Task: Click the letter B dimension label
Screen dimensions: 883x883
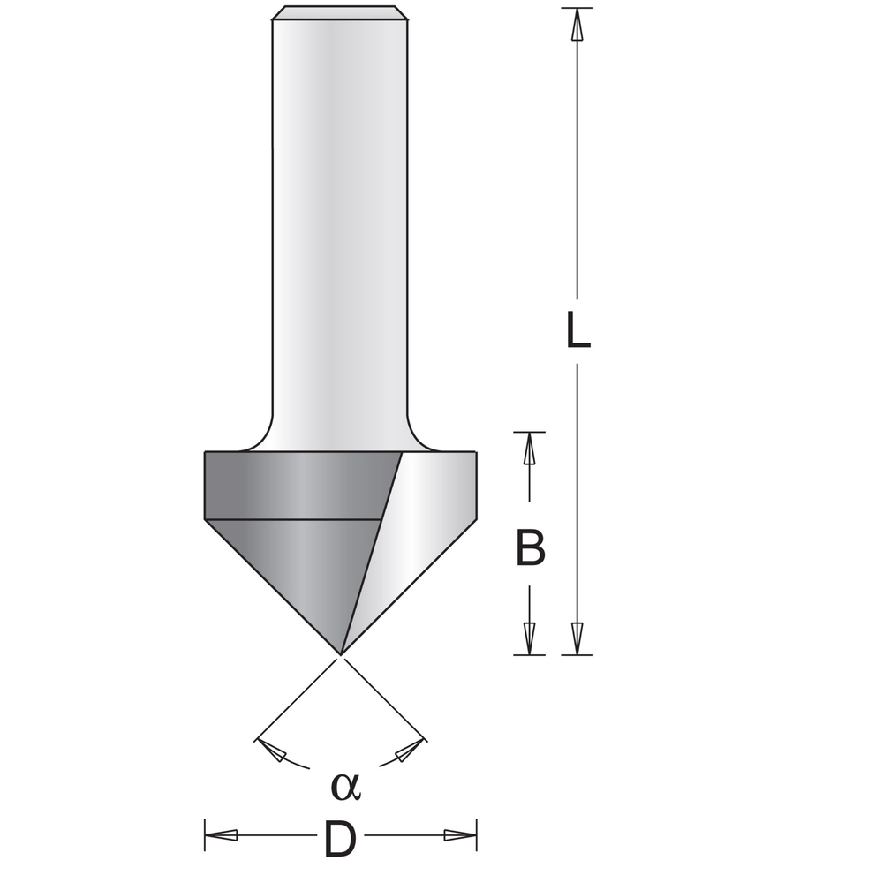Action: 530,548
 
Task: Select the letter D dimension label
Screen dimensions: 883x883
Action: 340,840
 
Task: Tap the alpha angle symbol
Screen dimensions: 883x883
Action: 345,785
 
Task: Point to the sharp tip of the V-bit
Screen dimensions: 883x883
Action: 340,654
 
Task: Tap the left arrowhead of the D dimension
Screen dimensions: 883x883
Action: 223,835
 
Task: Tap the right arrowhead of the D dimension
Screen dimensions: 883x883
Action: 458,835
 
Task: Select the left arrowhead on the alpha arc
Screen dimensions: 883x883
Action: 275,751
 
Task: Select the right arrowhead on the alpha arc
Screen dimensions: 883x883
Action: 406,751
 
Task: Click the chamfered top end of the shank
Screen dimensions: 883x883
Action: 340,13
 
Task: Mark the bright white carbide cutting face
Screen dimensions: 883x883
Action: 415,530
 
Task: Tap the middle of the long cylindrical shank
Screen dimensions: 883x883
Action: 340,221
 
